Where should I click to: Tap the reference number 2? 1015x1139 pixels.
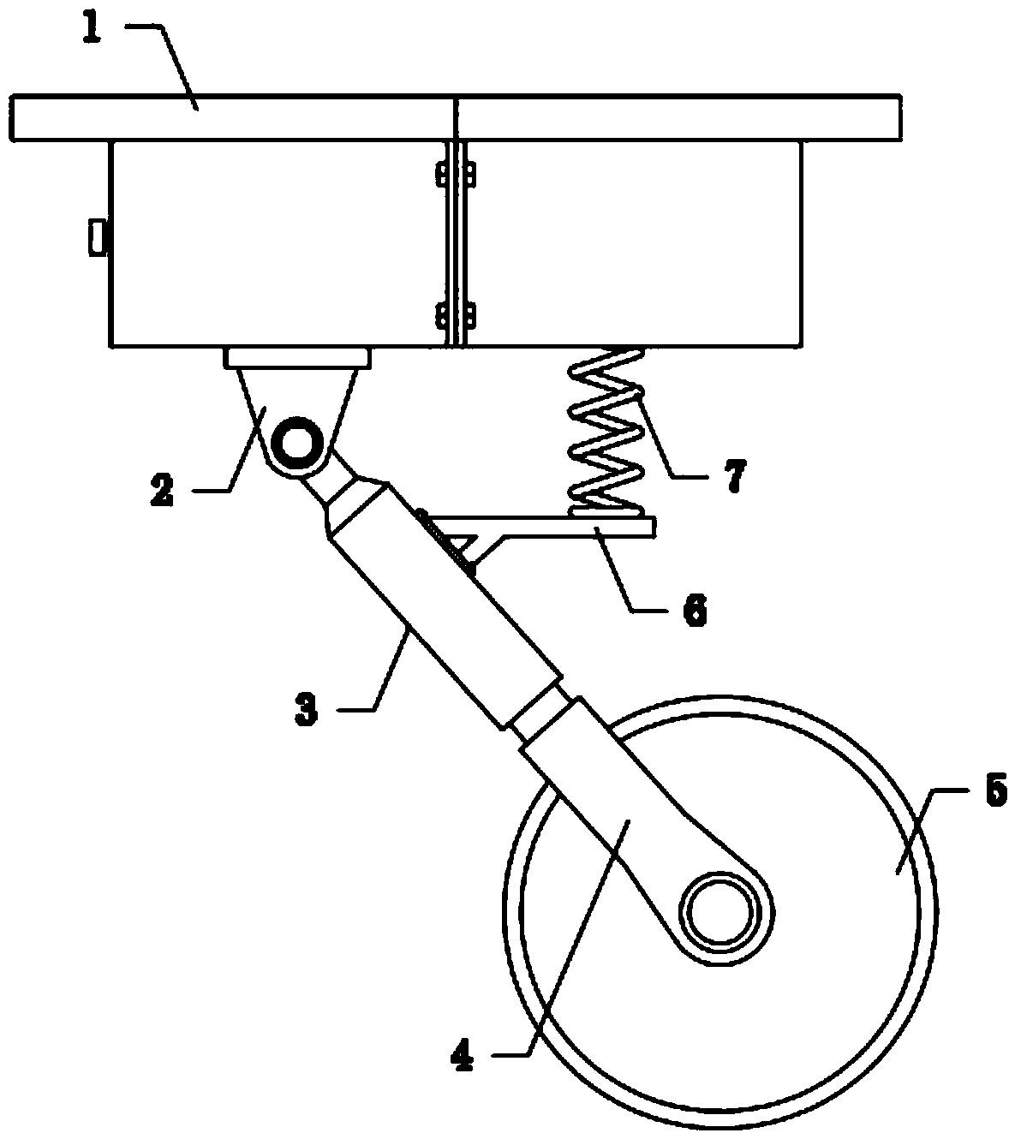click(162, 490)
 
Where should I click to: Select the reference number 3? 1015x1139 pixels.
click(307, 709)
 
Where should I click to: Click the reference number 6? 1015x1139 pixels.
click(695, 611)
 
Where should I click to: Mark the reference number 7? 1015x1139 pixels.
click(735, 476)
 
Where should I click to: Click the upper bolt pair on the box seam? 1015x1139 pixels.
click(456, 175)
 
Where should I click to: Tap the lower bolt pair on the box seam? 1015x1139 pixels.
click(456, 317)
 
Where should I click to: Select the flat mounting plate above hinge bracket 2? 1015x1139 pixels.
click(297, 358)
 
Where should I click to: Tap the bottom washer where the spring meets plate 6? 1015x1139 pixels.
click(606, 512)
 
